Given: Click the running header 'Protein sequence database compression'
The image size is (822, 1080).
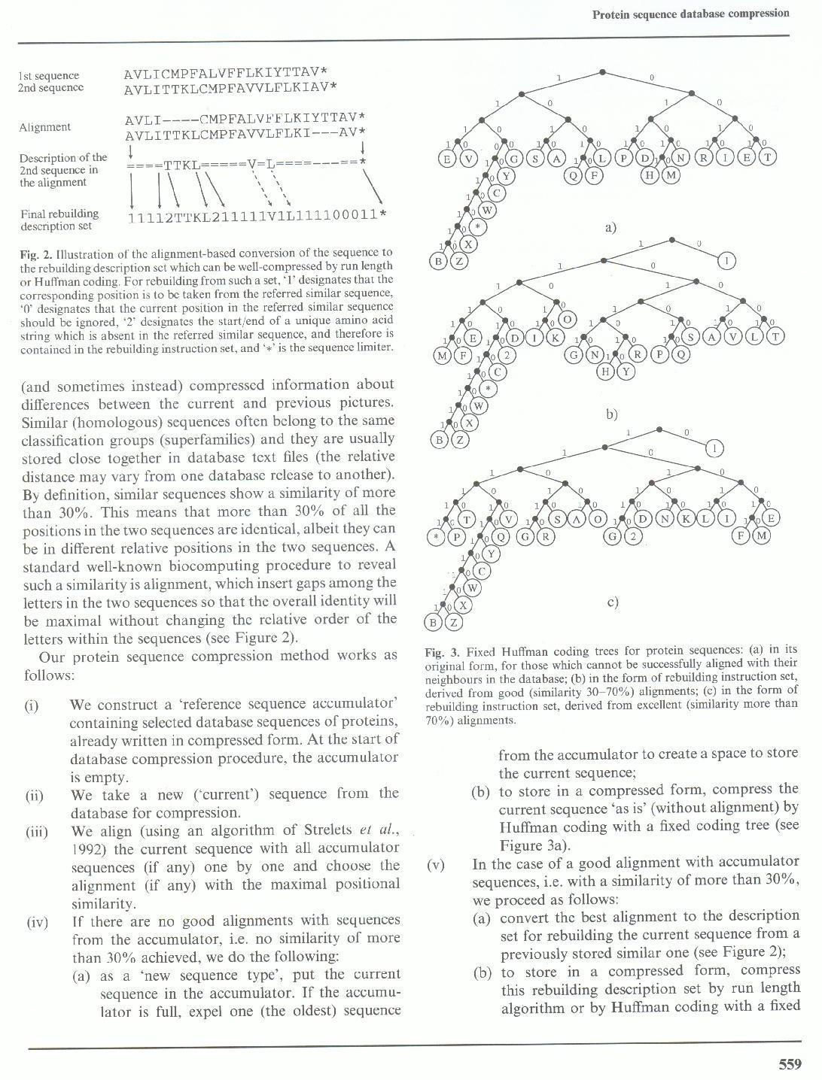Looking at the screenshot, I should tap(690, 13).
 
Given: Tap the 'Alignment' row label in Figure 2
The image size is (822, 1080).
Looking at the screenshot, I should tap(45, 127).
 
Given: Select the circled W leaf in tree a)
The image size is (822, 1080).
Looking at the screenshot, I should tap(487, 210).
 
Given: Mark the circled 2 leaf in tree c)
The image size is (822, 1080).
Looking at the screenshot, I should tap(634, 536).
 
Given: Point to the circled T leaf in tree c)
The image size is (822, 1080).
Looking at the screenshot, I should tap(466, 520).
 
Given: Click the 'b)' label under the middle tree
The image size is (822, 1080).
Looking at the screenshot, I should tap(611, 413).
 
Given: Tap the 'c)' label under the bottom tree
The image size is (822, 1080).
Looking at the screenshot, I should tap(612, 602).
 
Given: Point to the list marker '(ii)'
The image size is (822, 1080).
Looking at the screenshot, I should tap(34, 796).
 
